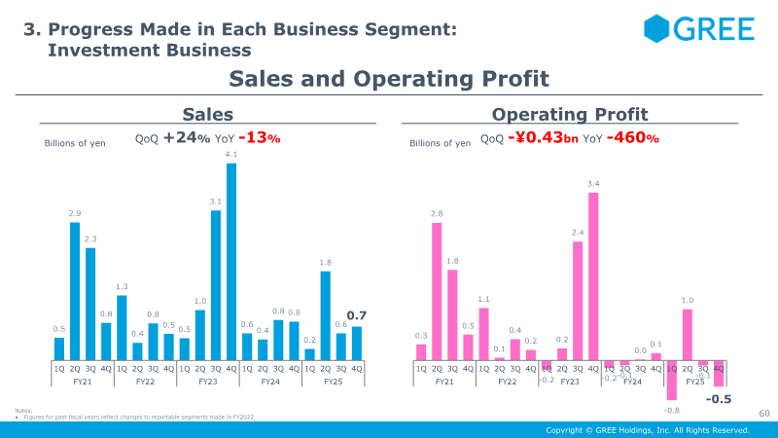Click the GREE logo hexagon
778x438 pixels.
656,28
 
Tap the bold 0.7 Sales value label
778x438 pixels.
355,315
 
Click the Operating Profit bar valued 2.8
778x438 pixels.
437,291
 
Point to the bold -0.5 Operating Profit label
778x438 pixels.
718,399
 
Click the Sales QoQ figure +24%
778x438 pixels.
187,138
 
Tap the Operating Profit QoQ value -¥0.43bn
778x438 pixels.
543,138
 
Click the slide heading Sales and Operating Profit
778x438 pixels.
388,79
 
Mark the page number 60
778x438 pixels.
763,415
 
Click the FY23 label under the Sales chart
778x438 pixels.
207,383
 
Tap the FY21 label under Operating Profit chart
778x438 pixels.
444,383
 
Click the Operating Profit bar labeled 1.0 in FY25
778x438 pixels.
688,334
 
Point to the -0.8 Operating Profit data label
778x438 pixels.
672,411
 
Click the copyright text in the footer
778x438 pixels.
648,430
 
